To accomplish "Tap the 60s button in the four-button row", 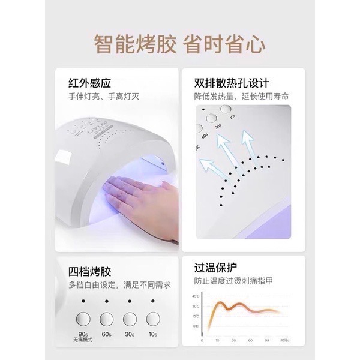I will [106, 320].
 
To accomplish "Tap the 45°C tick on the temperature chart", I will [196, 296].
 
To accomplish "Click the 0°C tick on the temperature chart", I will [196, 326].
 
